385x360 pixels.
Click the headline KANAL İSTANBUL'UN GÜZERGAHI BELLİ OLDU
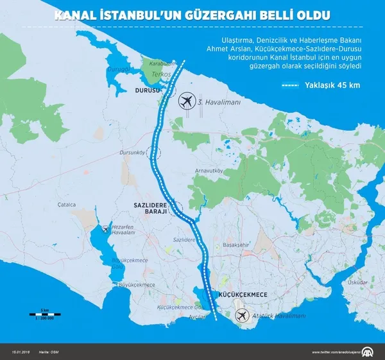193,13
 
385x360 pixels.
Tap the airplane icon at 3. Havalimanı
187,101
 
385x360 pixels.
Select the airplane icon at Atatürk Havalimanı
242,316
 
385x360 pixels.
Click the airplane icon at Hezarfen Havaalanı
105,229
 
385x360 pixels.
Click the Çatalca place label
67,205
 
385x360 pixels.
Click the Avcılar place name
196,317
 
